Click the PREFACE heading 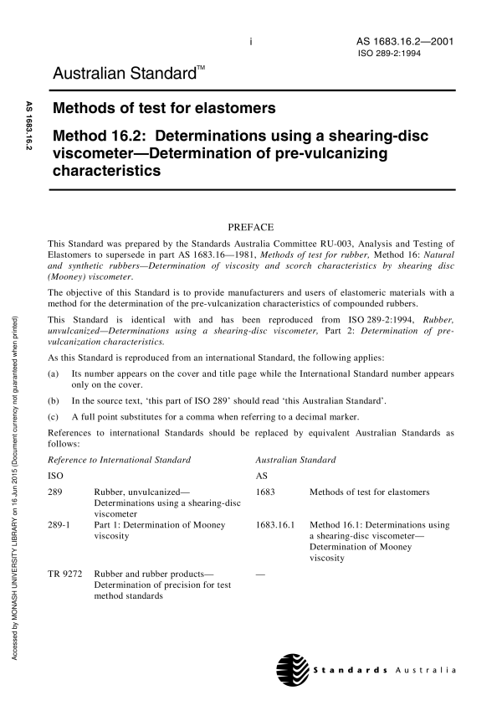[x=251, y=225]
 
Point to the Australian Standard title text [x=128, y=76]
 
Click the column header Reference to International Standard [x=120, y=460]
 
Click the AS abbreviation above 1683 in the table [x=259, y=476]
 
